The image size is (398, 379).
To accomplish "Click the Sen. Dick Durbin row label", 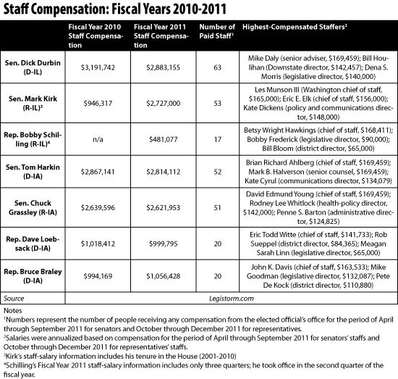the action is (x=33, y=67).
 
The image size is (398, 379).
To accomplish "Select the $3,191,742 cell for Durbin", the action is (x=98, y=67).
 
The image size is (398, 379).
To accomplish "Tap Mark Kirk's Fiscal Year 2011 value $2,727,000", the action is (x=164, y=103).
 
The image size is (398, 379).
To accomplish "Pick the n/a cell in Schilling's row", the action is (x=98, y=139).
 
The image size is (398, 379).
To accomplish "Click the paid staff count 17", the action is (x=218, y=139).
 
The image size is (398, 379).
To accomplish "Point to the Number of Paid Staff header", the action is (x=217, y=31).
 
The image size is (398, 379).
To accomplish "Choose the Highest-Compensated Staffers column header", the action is (x=295, y=27).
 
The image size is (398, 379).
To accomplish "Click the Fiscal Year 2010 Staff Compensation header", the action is (x=96, y=36).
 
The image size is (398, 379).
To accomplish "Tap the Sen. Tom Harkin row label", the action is (x=33, y=172).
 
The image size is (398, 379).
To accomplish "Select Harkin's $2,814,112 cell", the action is (x=164, y=172).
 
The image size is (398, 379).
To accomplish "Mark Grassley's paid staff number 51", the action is (x=218, y=208).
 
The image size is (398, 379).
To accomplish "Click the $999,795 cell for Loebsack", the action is (x=164, y=243).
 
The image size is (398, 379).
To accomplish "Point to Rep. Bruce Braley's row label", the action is (x=33, y=276).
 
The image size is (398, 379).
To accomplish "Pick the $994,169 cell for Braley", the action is (x=98, y=276).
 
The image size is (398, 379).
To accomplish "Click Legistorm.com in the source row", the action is (x=232, y=299).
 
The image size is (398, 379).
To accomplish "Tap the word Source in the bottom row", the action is (x=14, y=299).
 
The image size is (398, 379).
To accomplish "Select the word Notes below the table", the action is (x=13, y=311).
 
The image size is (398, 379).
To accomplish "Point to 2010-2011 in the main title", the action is (x=200, y=9).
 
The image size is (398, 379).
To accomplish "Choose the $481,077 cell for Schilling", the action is (x=164, y=139).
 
